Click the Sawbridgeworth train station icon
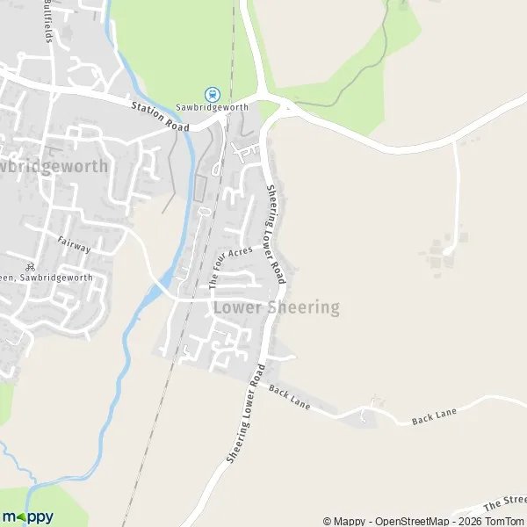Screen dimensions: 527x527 tap(211, 93)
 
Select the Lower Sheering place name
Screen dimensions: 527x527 tap(277, 307)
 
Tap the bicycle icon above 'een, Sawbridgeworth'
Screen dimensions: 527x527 tap(31, 267)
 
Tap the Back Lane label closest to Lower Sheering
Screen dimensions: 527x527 tap(290, 401)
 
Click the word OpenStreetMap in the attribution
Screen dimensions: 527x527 tap(415, 521)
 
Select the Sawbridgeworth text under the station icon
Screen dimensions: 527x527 tap(211, 107)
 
